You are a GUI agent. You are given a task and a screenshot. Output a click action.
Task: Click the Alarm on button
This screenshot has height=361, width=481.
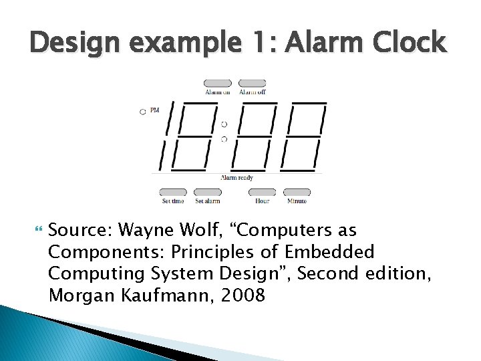(218, 84)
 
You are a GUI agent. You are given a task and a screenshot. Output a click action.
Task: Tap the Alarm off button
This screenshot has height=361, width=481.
(253, 84)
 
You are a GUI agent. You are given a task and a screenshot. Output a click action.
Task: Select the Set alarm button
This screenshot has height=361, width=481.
(207, 192)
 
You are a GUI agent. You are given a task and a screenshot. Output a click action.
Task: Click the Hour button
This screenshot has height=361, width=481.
(262, 192)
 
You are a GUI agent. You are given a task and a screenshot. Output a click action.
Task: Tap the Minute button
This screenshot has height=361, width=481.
(297, 192)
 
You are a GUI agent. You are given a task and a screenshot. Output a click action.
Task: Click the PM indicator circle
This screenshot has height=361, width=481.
(142, 112)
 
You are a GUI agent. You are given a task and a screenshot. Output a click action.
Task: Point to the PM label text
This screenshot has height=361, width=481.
(155, 110)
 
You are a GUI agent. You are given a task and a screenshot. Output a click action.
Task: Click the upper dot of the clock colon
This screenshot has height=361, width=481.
(224, 124)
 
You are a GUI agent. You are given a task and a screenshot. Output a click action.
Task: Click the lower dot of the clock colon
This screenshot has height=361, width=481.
(224, 139)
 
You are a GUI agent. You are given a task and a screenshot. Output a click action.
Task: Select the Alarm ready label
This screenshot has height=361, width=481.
(237, 178)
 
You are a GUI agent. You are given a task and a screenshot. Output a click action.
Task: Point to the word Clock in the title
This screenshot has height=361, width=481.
(409, 43)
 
